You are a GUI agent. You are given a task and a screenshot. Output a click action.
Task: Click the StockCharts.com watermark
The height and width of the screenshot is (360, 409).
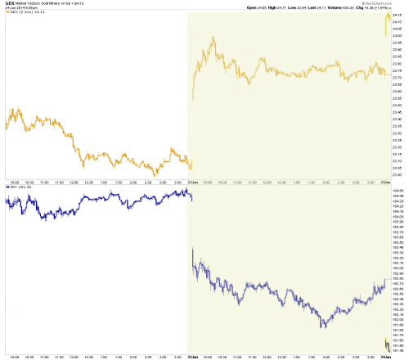[389, 2]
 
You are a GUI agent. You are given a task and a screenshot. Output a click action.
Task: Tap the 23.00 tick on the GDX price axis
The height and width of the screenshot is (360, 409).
[397, 174]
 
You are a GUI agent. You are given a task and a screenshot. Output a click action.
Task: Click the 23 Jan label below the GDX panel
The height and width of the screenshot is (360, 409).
[194, 182]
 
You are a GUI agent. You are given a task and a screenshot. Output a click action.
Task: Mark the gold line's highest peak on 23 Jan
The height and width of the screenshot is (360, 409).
[212, 38]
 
